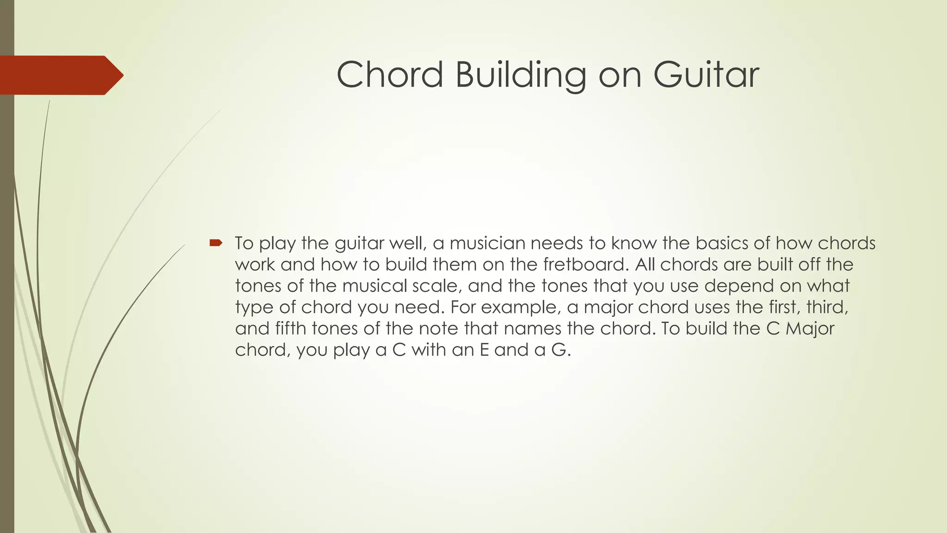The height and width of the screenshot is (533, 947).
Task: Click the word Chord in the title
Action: (390, 74)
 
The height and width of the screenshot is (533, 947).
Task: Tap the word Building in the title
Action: (521, 75)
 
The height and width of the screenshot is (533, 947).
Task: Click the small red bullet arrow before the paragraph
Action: (216, 242)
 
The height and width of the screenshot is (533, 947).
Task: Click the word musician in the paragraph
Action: (485, 243)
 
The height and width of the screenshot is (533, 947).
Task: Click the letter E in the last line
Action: (485, 350)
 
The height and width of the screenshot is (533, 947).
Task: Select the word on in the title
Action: (620, 75)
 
